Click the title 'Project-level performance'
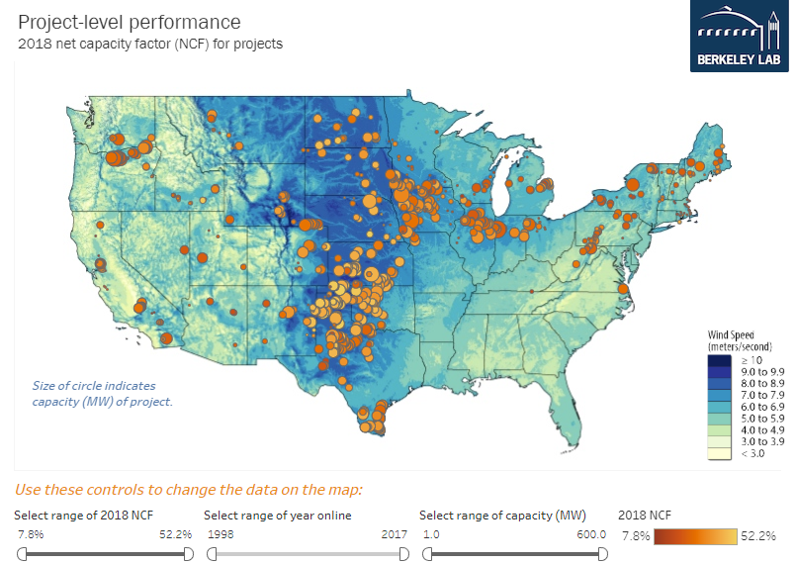tap(129, 21)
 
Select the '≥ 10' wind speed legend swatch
tap(720, 361)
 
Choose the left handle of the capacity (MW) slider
tap(426, 555)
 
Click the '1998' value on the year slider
tap(221, 534)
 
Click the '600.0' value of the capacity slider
tap(590, 534)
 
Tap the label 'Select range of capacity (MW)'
tap(502, 516)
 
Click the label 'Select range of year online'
tap(277, 516)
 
